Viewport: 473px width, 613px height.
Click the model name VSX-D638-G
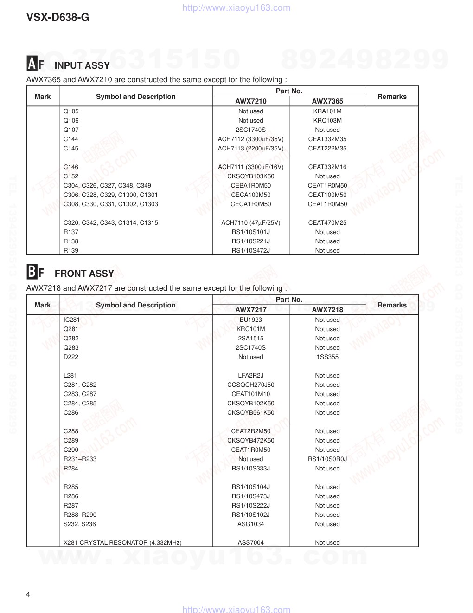(x=58, y=18)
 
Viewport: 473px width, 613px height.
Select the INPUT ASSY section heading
(x=82, y=65)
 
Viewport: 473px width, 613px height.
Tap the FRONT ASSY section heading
(x=84, y=274)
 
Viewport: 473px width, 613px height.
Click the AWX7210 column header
(x=251, y=101)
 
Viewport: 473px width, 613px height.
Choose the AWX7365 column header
(x=327, y=101)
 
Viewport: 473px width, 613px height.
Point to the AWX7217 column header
(x=251, y=310)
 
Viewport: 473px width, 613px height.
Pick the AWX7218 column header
(x=327, y=310)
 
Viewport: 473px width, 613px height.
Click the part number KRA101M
(x=327, y=111)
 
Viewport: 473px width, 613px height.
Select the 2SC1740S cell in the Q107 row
(x=251, y=130)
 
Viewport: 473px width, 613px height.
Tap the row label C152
(x=71, y=176)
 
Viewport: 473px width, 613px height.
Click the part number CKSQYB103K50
(x=251, y=176)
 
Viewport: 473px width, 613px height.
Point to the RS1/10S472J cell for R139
(x=251, y=251)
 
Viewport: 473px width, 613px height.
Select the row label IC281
(x=72, y=320)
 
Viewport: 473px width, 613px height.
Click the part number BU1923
(x=251, y=320)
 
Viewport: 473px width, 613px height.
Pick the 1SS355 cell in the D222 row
(x=327, y=357)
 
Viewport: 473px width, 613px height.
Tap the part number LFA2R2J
(x=251, y=376)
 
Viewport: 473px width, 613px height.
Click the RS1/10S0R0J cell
(x=327, y=459)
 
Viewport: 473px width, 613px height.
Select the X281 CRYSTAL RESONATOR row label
(x=122, y=543)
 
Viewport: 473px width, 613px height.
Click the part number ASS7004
(x=251, y=543)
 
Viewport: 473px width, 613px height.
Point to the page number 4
(x=28, y=595)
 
